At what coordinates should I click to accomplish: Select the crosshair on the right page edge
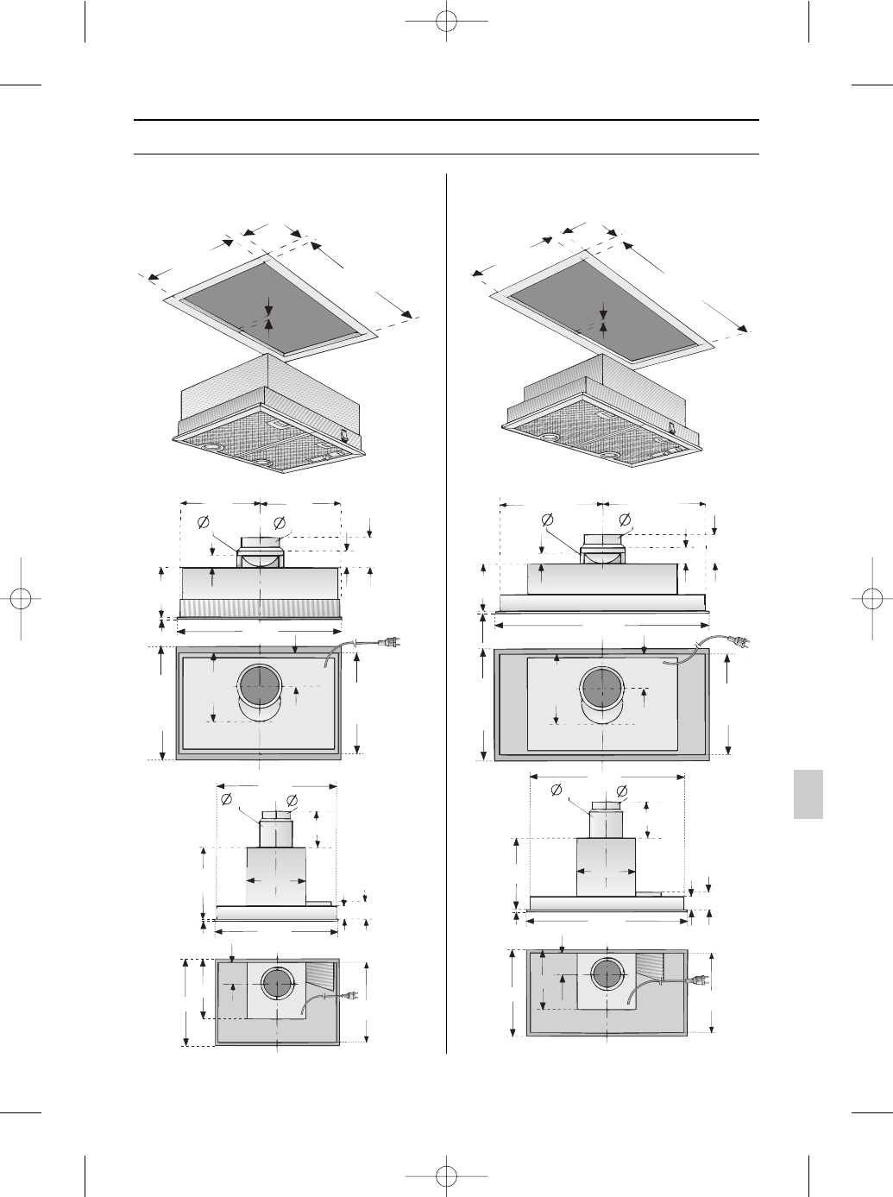(872, 598)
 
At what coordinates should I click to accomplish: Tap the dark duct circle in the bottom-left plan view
(277, 985)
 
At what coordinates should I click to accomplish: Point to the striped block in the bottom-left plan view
(323, 976)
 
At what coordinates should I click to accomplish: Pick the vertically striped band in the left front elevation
(260, 608)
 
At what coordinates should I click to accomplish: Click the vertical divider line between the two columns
(447, 604)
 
